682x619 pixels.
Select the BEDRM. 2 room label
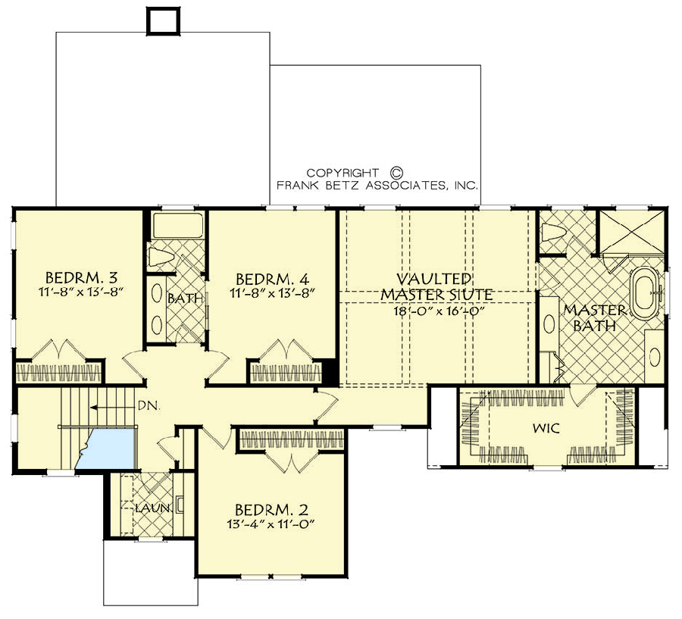tap(271, 508)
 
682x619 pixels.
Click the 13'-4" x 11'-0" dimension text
tap(271, 523)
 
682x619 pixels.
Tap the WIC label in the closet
tap(546, 429)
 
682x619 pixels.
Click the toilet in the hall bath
tap(162, 256)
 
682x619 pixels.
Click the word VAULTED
tap(436, 279)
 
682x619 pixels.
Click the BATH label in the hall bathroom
tap(186, 299)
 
